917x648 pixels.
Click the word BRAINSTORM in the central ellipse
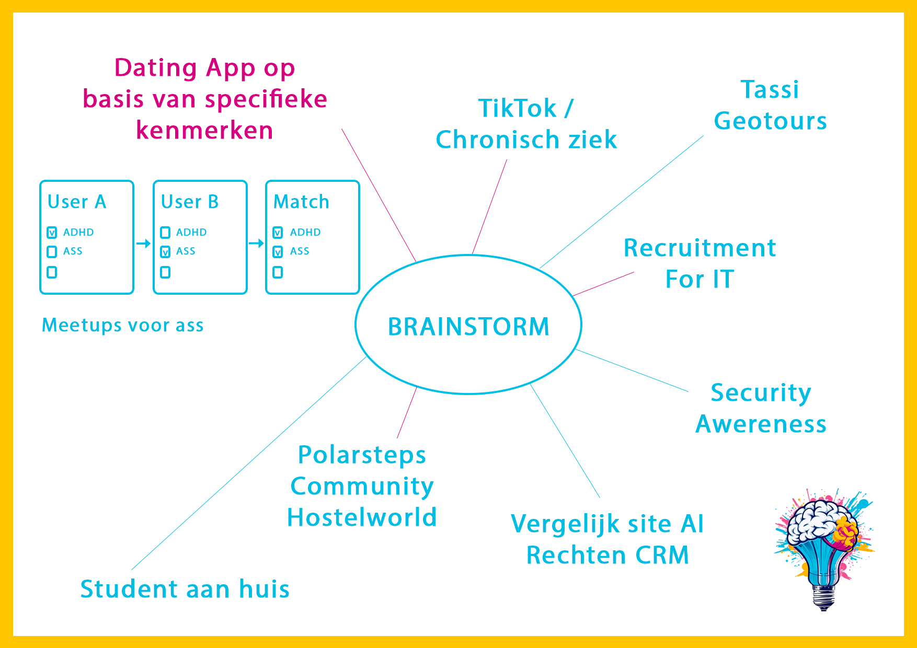coord(468,327)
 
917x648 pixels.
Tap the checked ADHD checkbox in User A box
coord(52,233)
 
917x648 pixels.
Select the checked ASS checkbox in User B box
coord(165,252)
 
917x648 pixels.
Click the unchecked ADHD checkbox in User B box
coord(165,233)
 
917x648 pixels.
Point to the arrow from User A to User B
coord(143,244)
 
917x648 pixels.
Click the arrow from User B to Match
coord(256,244)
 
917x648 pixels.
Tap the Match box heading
coord(301,202)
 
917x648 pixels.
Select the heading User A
coord(77,202)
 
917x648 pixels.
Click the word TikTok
coord(517,109)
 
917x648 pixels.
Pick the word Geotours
coord(770,121)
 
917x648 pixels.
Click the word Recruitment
coord(700,248)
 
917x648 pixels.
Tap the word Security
coord(761,393)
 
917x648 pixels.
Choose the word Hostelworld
coord(362,517)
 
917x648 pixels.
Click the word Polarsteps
coord(362,455)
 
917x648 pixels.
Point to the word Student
coord(129,589)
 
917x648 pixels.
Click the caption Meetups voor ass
coord(122,325)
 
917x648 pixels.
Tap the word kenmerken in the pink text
coord(204,130)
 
